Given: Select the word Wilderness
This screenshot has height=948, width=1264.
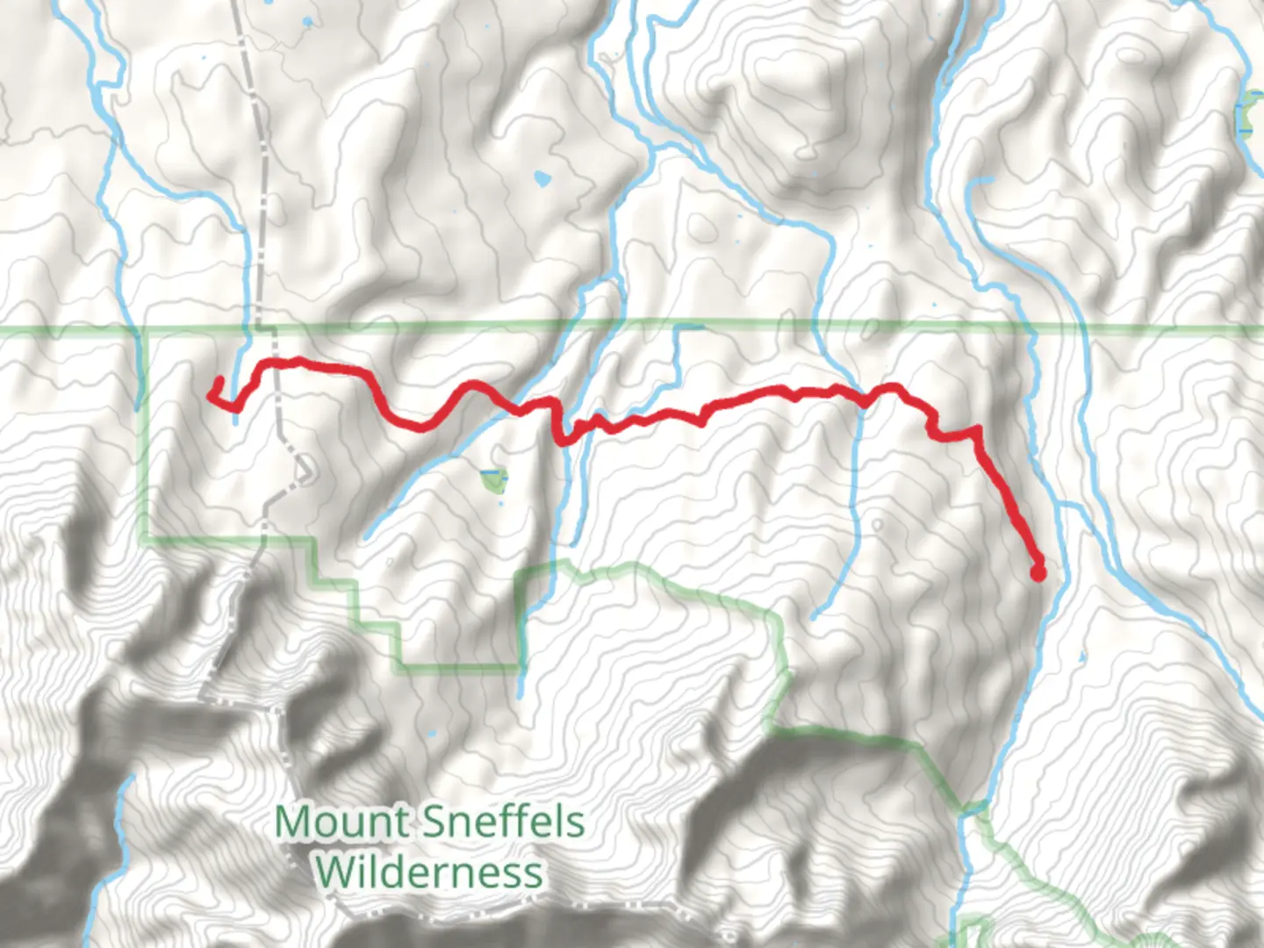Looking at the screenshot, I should (429, 873).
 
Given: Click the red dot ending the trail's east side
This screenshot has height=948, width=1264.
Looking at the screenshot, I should (1037, 574).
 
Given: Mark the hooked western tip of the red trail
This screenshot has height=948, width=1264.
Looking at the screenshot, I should (219, 380).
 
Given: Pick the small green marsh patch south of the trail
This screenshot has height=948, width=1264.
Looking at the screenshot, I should (492, 480).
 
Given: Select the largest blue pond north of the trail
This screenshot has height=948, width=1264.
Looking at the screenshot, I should (542, 180).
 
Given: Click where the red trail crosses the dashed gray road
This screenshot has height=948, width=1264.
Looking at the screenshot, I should (274, 363).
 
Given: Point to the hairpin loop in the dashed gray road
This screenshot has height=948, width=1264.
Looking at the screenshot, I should (305, 470).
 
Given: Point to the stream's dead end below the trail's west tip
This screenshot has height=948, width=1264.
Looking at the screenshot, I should (235, 422).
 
